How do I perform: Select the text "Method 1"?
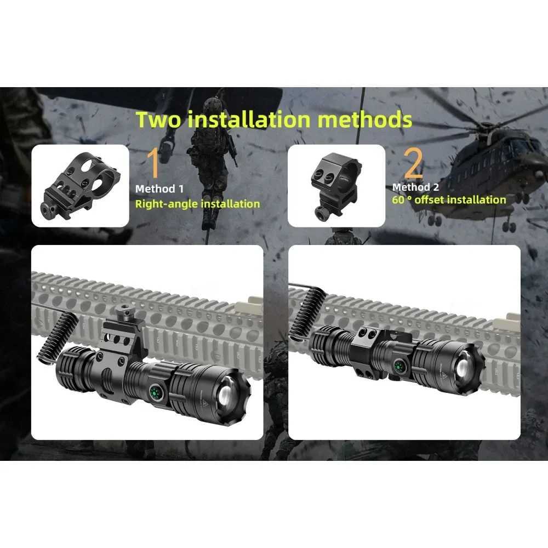[159, 189]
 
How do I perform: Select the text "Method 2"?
[415, 187]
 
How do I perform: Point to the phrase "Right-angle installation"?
[197, 204]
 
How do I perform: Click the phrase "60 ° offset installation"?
[449, 199]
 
